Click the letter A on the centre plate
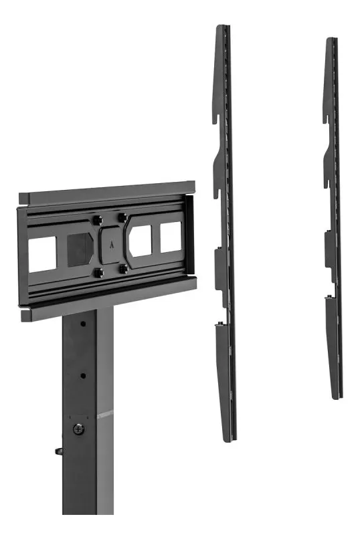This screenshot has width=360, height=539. tap(110, 245)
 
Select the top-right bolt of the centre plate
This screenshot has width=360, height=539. tap(122, 216)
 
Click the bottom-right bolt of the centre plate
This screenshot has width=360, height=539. tap(123, 268)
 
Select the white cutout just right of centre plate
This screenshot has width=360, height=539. tap(143, 240)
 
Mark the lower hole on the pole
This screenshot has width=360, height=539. tap(84, 375)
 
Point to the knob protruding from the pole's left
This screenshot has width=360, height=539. tap(59, 451)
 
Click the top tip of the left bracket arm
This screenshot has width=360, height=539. tap(221, 27)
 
